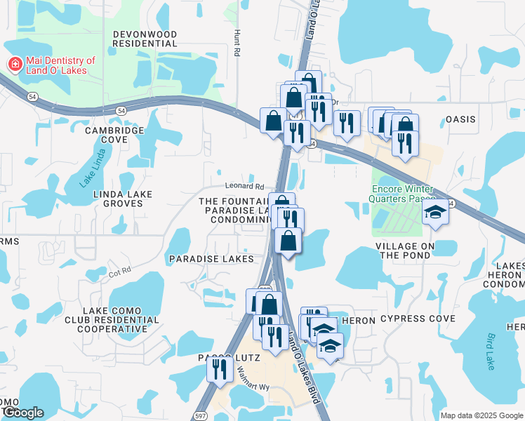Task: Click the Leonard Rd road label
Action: pyautogui.click(x=244, y=187)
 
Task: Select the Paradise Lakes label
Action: pyautogui.click(x=211, y=259)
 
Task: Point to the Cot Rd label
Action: pyautogui.click(x=120, y=270)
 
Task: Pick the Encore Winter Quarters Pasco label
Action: pyautogui.click(x=403, y=194)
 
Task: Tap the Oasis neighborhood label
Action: pyautogui.click(x=460, y=119)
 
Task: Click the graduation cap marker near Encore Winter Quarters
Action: pyautogui.click(x=435, y=213)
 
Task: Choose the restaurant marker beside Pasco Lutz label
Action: pyautogui.click(x=220, y=368)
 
